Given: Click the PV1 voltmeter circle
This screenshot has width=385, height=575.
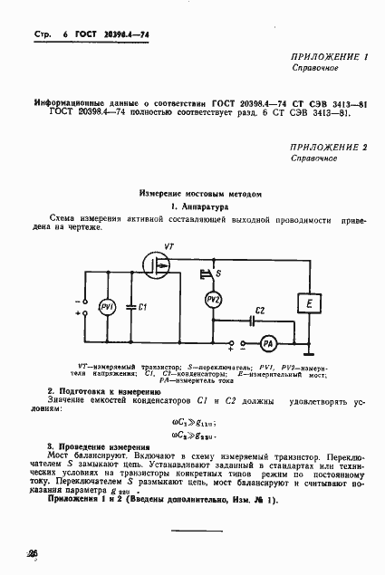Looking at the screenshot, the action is click(105, 306).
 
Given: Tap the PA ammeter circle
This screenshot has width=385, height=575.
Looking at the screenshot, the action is click(266, 343).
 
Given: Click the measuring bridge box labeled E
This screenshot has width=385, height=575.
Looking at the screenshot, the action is click(309, 301).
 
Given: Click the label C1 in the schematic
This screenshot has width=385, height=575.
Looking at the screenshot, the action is click(141, 307).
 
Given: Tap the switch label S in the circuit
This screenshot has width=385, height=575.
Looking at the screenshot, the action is click(217, 272).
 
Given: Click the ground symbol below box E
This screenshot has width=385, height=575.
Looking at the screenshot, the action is click(309, 342).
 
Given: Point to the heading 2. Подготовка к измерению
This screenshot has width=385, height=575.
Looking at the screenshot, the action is click(103, 389).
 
